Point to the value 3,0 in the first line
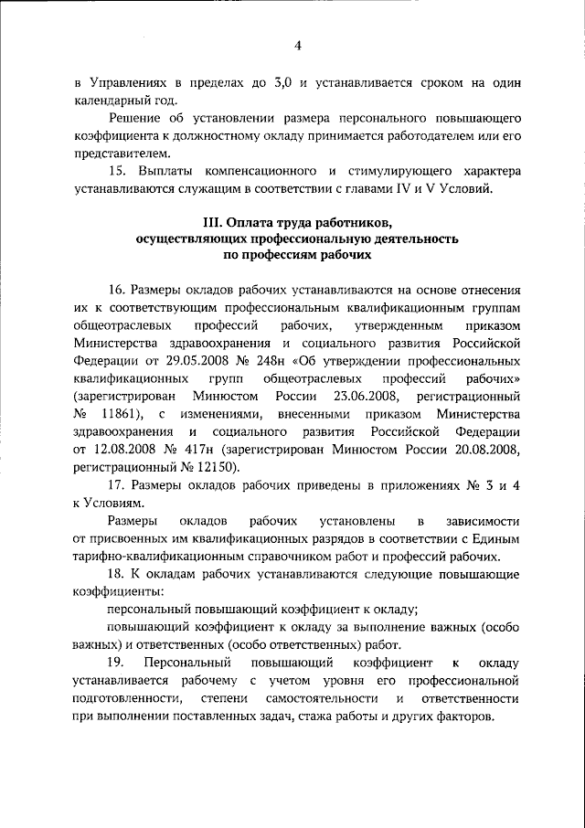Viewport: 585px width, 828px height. (282, 83)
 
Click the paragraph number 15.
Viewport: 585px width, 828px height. (116, 172)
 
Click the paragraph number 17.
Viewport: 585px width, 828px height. (116, 484)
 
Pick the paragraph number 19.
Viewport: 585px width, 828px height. (117, 661)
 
